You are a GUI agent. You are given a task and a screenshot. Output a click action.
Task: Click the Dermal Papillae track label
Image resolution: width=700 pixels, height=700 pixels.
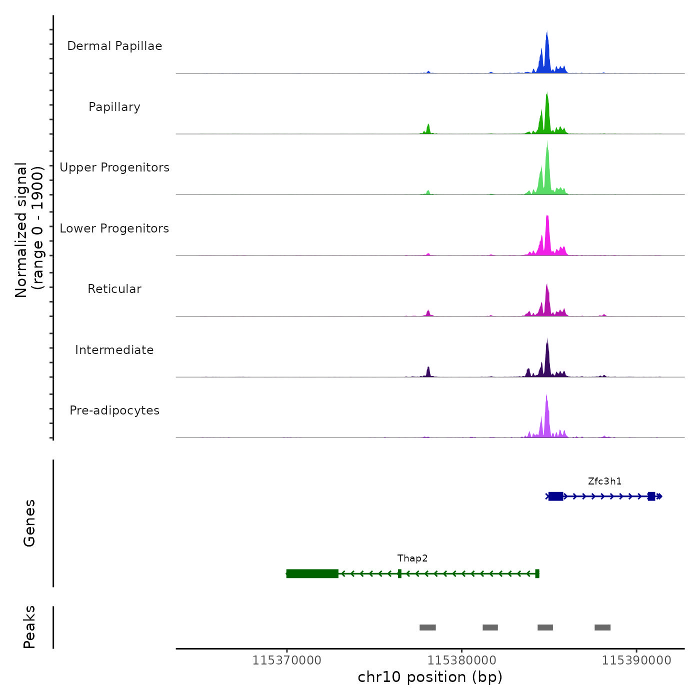(114, 46)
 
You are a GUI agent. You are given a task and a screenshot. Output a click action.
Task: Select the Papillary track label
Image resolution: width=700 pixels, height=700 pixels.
(114, 107)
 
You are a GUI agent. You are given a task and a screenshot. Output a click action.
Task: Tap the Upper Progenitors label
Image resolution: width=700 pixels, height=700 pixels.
(114, 167)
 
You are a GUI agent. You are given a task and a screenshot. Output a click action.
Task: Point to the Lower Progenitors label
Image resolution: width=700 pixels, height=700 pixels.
(114, 228)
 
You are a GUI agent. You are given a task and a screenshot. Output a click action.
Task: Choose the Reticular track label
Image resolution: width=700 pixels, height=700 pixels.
(114, 289)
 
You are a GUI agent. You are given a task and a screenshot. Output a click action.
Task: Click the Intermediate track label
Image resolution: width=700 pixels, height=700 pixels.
(114, 350)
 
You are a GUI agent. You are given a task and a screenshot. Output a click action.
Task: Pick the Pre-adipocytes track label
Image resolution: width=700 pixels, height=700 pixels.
(114, 410)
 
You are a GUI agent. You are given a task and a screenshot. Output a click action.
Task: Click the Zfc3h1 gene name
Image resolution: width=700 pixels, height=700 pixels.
(604, 481)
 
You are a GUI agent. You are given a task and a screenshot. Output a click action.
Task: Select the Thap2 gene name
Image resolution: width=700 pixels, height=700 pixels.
(412, 558)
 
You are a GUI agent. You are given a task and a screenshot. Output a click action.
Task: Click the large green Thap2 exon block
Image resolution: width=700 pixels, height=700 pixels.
(312, 573)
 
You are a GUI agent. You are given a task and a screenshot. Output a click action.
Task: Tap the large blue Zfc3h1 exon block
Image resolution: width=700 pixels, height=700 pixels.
(555, 496)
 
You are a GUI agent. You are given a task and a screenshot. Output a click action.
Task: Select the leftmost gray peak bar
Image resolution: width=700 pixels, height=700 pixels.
(427, 627)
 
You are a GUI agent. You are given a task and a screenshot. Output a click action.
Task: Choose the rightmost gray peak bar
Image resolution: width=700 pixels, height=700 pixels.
(602, 627)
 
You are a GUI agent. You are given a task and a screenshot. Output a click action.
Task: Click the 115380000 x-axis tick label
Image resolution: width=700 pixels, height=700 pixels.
(462, 660)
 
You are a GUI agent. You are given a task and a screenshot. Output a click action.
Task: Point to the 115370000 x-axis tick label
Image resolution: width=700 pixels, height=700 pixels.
(287, 660)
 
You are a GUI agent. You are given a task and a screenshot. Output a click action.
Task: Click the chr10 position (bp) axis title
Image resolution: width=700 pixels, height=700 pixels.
(430, 677)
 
